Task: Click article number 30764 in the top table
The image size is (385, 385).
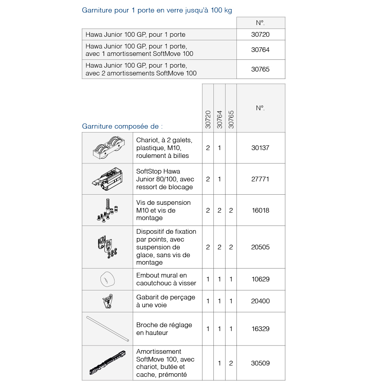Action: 260,50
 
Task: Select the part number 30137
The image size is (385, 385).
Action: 260,148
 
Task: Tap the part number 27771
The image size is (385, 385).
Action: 260,179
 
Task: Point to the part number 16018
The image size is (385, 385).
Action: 260,210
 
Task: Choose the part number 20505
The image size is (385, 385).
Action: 260,247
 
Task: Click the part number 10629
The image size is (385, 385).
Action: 260,279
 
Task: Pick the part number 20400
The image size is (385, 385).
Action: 260,301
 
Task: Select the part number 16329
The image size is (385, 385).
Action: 260,329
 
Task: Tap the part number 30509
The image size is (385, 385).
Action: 260,363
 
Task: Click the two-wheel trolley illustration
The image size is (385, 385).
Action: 107,148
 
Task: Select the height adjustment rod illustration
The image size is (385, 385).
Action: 107,329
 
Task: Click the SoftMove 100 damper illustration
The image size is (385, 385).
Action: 107,363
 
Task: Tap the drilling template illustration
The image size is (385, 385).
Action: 107,301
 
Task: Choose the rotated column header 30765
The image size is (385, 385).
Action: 231,119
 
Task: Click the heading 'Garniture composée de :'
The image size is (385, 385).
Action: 122,126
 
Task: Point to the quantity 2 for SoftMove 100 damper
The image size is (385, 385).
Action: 231,363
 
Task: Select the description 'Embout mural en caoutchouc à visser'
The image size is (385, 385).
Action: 166,279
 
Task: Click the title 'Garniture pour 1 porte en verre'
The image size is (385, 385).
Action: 157,10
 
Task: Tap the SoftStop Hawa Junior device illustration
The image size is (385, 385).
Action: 107,179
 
